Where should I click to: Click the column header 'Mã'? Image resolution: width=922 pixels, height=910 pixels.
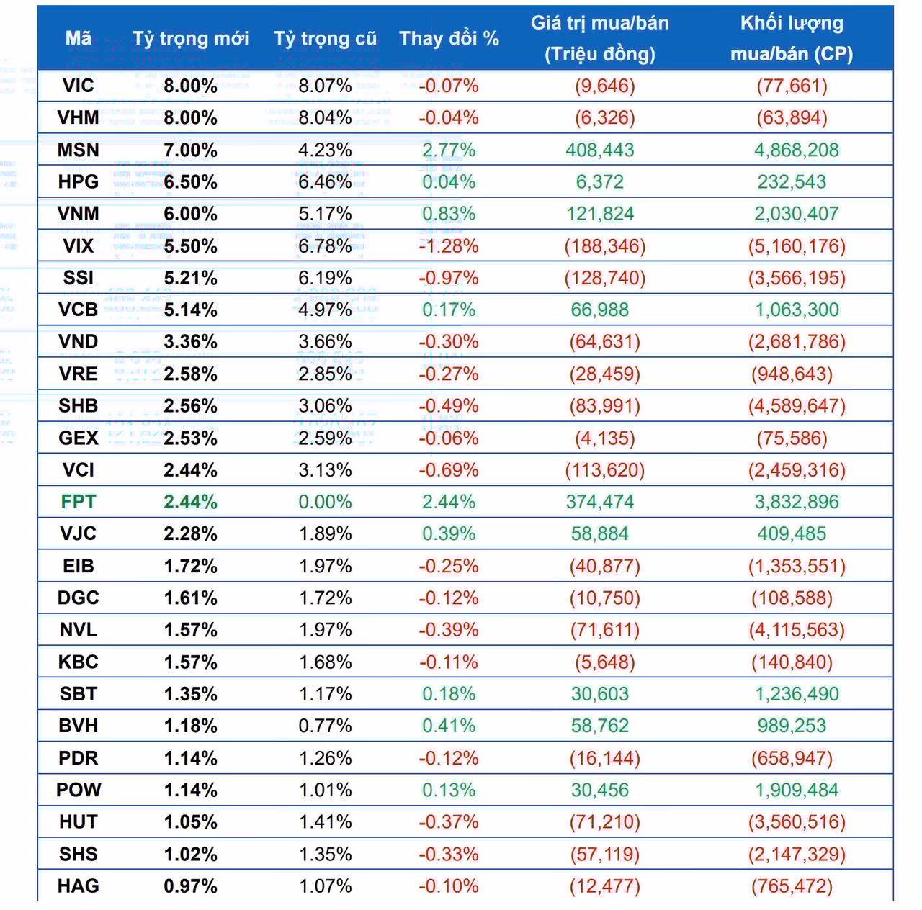[x=78, y=38]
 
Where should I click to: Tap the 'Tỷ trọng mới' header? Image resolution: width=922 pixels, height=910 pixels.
[x=190, y=38]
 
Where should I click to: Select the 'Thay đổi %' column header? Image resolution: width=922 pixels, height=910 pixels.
[x=449, y=38]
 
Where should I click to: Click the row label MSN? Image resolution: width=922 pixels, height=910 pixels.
[x=78, y=150]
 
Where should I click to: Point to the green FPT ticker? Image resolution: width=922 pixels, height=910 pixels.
[x=78, y=502]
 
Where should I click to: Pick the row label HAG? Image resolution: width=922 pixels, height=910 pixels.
[x=78, y=886]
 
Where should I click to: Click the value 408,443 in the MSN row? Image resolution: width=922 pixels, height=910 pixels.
[x=599, y=150]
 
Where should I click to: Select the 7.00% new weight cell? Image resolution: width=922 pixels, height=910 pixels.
[x=190, y=150]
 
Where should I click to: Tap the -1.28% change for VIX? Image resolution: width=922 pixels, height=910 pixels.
[x=449, y=246]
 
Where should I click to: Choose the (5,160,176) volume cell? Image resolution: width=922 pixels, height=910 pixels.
[x=797, y=246]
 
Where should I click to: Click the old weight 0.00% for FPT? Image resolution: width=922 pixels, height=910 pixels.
[x=325, y=502]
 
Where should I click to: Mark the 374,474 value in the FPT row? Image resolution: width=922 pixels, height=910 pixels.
[x=599, y=502]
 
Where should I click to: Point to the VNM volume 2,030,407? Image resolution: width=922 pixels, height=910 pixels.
[x=797, y=214]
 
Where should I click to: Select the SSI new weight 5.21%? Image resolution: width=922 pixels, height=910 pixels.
[x=190, y=278]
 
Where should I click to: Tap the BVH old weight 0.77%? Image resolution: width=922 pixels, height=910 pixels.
[x=325, y=726]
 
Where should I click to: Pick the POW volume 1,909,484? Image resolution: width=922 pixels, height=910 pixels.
[x=797, y=790]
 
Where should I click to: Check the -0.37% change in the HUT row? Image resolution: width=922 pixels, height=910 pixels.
[x=449, y=821]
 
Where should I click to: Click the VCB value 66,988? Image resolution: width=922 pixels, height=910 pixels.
[x=599, y=310]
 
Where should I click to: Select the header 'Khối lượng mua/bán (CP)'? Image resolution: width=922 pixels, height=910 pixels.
[x=791, y=38]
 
